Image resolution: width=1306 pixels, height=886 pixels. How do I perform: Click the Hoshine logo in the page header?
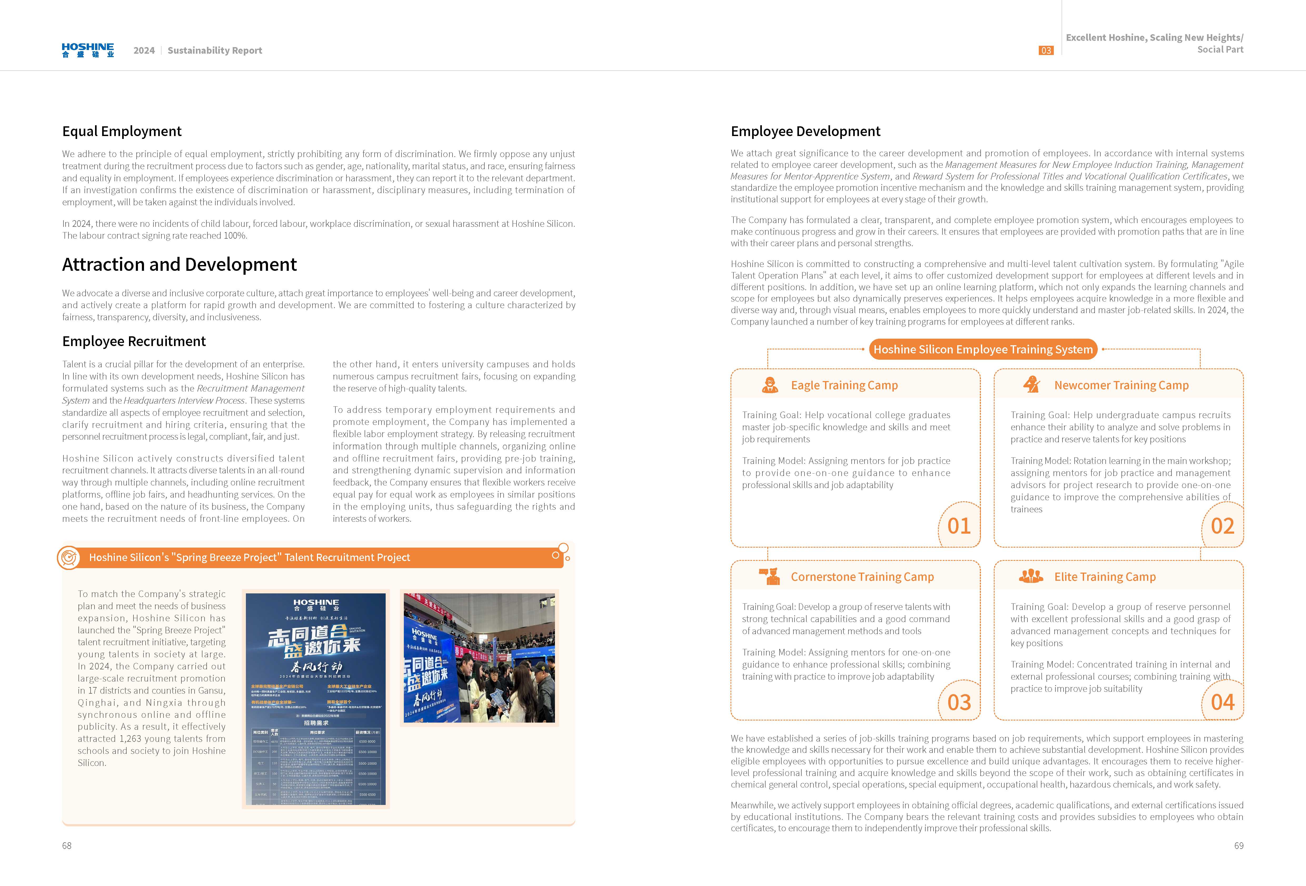[88, 50]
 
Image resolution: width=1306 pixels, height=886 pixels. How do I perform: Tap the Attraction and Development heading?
[179, 265]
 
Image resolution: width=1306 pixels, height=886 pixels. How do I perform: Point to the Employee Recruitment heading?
[134, 342]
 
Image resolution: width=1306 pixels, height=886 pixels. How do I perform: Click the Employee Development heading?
[805, 132]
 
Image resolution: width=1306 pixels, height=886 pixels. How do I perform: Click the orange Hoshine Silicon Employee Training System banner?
[983, 349]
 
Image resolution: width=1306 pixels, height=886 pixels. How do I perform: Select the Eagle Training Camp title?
[844, 386]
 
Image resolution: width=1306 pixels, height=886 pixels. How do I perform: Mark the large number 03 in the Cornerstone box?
[959, 702]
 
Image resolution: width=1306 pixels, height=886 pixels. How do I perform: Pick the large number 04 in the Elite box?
[1222, 702]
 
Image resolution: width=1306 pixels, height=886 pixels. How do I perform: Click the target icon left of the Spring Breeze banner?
[68, 557]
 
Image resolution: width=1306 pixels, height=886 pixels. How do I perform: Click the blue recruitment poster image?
[316, 698]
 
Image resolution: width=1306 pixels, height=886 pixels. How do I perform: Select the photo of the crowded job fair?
[479, 657]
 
